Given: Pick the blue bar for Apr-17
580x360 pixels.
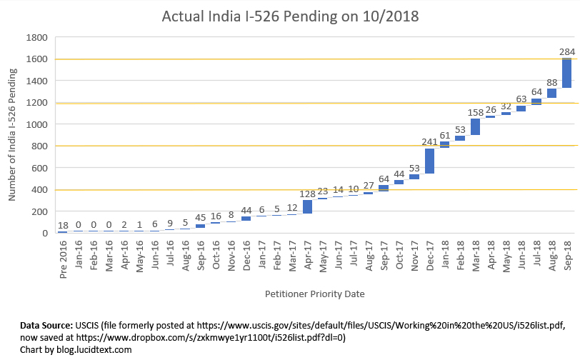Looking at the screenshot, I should point(307,206).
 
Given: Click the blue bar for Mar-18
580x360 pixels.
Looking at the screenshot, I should point(475,126).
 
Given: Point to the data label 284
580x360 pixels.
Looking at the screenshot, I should point(567,51).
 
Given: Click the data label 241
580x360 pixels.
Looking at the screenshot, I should point(429,141).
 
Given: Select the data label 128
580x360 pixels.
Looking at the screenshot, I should point(306,194).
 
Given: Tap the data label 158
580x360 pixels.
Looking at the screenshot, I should point(475,112).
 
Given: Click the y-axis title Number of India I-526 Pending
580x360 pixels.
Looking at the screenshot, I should point(12,136).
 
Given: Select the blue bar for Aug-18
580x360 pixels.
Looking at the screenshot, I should point(552,93).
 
